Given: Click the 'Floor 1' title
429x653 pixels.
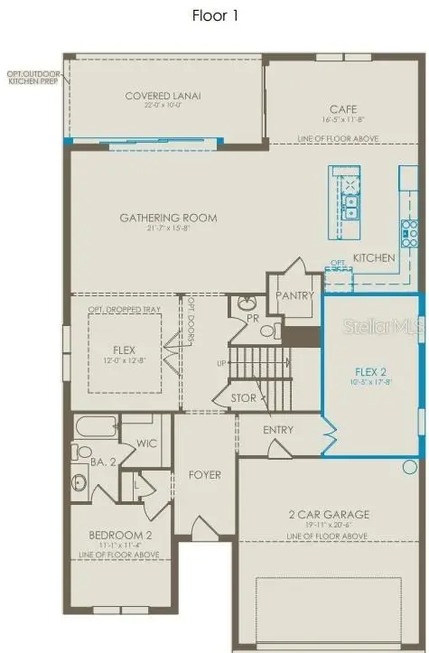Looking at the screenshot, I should pyautogui.click(x=214, y=15).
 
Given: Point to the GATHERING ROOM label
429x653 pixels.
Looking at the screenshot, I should pyautogui.click(x=169, y=218).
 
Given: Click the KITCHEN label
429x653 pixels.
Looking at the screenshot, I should pyautogui.click(x=374, y=258).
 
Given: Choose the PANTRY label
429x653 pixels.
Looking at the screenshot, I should pyautogui.click(x=295, y=295).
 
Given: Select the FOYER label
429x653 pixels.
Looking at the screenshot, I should pyautogui.click(x=204, y=475).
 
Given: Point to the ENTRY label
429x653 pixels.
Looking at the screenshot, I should pyautogui.click(x=278, y=430).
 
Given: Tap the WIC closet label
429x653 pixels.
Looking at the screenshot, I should pyautogui.click(x=147, y=443).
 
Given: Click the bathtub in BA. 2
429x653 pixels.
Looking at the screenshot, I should pyautogui.click(x=96, y=425).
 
